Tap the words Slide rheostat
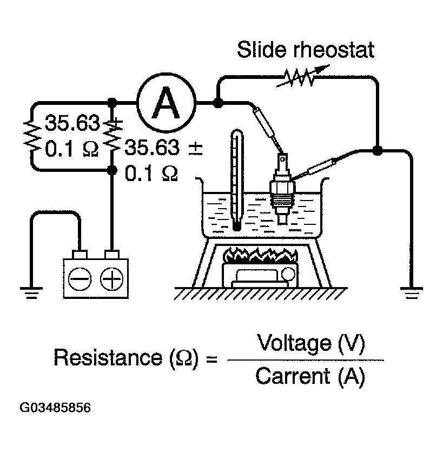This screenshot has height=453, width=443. (306, 52)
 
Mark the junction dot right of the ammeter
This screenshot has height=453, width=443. (217, 103)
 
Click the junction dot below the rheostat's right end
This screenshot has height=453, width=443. (377, 150)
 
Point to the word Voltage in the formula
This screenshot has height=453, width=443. (292, 343)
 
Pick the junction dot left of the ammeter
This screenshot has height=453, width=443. (112, 103)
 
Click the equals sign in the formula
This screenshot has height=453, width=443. (212, 358)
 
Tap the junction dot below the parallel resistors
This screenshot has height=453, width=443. (112, 170)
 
